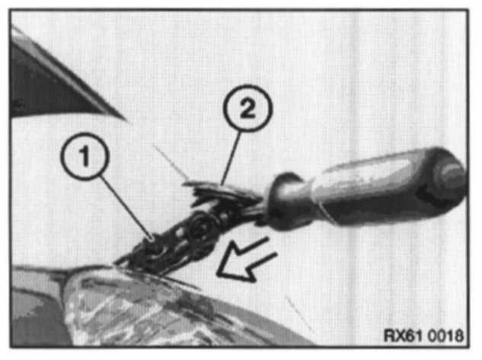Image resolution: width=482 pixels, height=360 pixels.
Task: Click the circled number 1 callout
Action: click(85, 156)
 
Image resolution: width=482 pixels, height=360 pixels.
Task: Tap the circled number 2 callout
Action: click(247, 108)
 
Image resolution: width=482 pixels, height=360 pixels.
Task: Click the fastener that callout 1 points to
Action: click(153, 243)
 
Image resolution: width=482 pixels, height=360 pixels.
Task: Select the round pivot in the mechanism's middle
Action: click(200, 228)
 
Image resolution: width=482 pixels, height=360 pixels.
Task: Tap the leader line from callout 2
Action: click(231, 158)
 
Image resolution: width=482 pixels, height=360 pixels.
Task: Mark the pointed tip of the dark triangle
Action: click(126, 119)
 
